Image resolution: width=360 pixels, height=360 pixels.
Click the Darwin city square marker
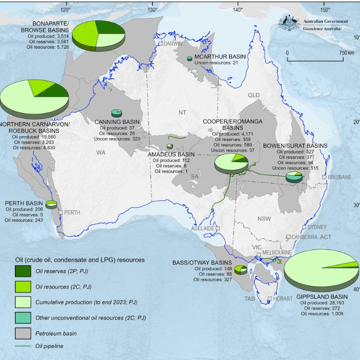(x=161, y=44)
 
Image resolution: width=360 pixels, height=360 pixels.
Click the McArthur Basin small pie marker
(x=189, y=58)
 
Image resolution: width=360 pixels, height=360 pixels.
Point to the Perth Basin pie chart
(x=51, y=205)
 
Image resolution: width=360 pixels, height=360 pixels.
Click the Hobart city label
(x=283, y=298)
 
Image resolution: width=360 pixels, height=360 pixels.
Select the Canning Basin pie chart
(x=116, y=113)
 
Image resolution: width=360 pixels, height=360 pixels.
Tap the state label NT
(x=182, y=112)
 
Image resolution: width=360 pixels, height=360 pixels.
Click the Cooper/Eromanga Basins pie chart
(x=231, y=163)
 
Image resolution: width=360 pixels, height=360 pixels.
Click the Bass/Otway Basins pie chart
(x=241, y=270)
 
